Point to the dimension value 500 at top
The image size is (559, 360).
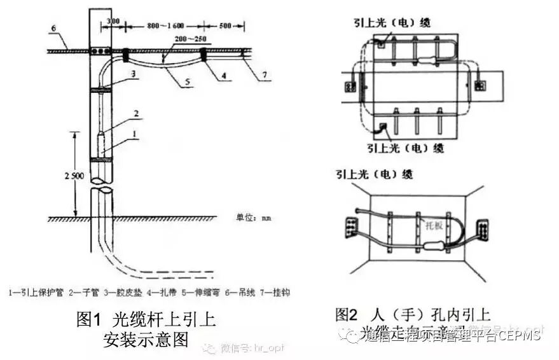(223, 26)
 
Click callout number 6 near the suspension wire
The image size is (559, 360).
(54, 28)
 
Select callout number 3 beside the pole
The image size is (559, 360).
(134, 74)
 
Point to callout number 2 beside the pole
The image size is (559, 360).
(134, 113)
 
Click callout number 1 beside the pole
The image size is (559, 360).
(134, 134)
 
